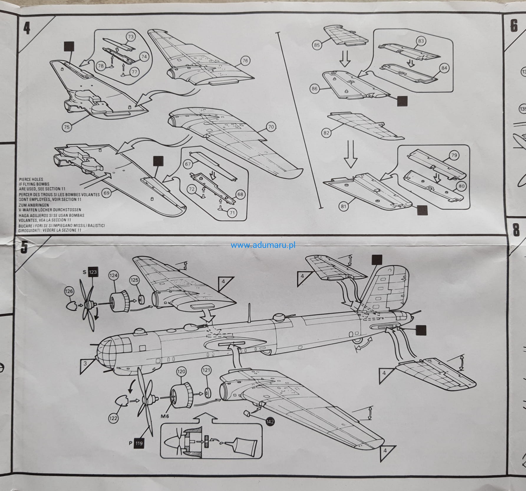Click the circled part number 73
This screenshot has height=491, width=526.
click(x=131, y=37)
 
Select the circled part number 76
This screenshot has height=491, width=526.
click(x=245, y=61)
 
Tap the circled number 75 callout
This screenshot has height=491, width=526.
click(x=67, y=127)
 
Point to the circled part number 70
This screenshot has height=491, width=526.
click(x=271, y=127)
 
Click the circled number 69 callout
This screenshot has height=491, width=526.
click(x=106, y=193)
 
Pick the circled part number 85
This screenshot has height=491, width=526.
click(x=317, y=45)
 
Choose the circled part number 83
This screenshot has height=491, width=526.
click(x=421, y=41)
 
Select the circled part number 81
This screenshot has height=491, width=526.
click(x=344, y=207)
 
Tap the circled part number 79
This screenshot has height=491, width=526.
click(x=454, y=155)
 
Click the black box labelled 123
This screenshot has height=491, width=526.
click(x=93, y=272)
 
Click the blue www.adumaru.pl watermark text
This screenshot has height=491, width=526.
click(x=263, y=245)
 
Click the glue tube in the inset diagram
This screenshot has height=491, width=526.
click(x=241, y=452)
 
